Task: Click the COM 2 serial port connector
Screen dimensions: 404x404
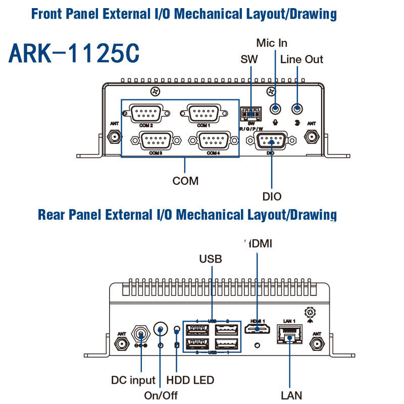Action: click(x=145, y=112)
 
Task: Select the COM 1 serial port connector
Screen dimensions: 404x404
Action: click(x=202, y=112)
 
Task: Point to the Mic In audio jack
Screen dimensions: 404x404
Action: click(x=275, y=109)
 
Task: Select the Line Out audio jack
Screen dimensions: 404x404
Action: click(x=298, y=109)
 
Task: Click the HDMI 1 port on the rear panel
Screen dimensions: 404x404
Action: click(x=258, y=330)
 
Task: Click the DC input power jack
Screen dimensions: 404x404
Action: click(x=140, y=334)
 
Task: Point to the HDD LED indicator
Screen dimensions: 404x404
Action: click(x=177, y=330)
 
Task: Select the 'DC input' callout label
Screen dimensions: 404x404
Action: click(x=134, y=379)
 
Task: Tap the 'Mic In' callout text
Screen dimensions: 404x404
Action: click(x=272, y=42)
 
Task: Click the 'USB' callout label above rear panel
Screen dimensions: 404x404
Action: click(x=211, y=259)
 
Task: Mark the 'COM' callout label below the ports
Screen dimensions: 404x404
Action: click(x=185, y=180)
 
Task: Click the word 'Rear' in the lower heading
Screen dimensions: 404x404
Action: click(x=53, y=215)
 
